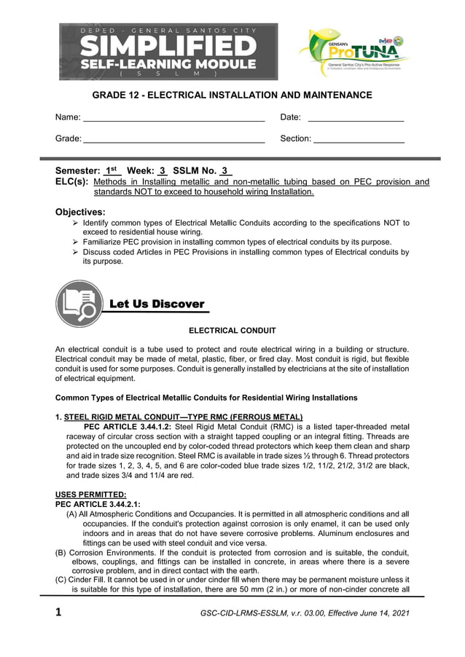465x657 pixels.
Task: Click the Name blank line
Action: (x=173, y=118)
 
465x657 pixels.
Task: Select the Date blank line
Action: (x=356, y=118)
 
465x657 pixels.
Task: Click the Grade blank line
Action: (x=173, y=138)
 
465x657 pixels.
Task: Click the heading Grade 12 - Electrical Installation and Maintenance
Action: (x=232, y=95)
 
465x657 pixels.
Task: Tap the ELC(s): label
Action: (x=72, y=182)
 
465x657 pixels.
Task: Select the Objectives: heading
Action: (x=81, y=212)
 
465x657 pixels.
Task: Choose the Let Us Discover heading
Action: (x=156, y=304)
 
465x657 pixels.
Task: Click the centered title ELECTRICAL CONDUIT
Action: (x=232, y=331)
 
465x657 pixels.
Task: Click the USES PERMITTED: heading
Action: (x=85, y=495)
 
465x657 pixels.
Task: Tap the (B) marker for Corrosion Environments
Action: (x=61, y=552)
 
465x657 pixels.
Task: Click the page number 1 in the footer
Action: (x=59, y=613)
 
